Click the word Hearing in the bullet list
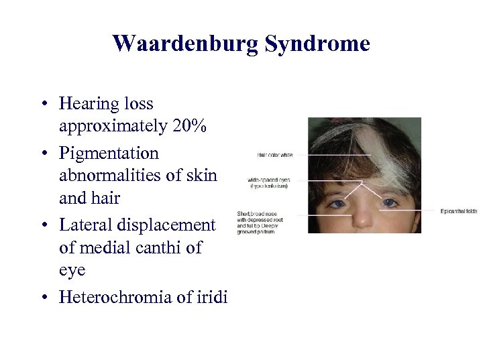point(83,104)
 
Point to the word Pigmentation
point(109,153)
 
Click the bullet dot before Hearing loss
point(42,105)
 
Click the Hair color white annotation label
point(275,155)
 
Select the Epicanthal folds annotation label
point(459,211)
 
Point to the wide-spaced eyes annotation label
point(268,183)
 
